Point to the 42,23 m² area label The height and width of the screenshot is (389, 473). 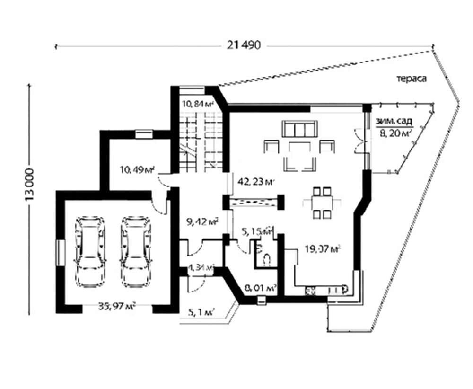(x=258, y=181)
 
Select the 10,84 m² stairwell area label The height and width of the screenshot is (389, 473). (x=197, y=103)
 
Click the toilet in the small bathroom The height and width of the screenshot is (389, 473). (x=266, y=258)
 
